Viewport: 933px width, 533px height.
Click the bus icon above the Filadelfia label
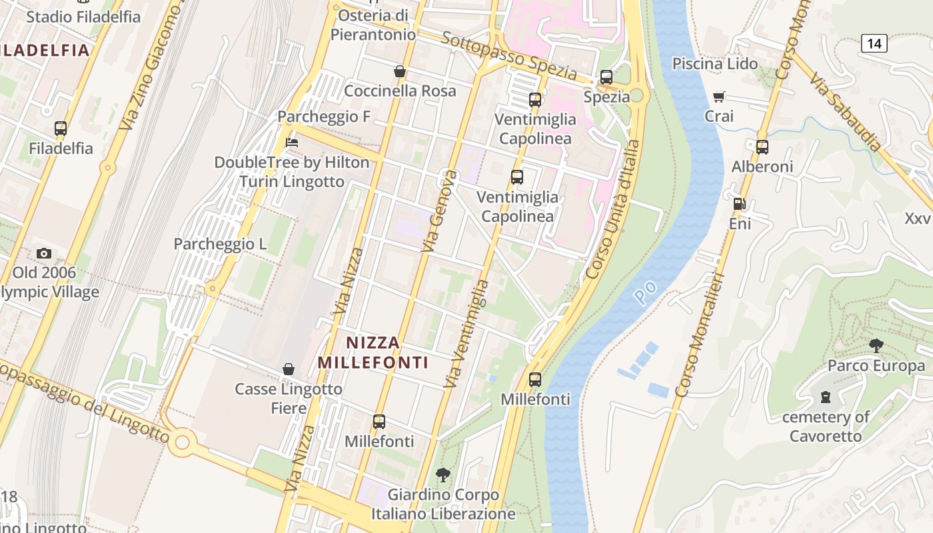click(61, 129)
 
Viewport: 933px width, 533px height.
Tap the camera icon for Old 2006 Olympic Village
click(44, 253)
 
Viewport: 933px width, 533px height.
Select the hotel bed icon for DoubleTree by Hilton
click(291, 142)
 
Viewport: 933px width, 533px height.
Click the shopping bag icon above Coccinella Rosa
click(400, 71)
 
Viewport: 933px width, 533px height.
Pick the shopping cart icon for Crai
click(718, 97)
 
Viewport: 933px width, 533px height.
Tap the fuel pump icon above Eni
click(739, 204)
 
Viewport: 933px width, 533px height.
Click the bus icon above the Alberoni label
click(762, 147)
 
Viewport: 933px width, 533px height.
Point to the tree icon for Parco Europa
click(876, 345)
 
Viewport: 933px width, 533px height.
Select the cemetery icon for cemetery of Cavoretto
click(826, 398)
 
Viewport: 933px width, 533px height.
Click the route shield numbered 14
click(874, 44)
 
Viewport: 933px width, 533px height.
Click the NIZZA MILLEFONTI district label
click(373, 352)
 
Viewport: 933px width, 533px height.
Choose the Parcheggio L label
click(220, 244)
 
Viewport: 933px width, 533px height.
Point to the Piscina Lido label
click(715, 64)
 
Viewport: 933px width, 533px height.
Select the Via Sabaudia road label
click(846, 112)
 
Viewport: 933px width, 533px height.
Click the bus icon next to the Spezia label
click(606, 77)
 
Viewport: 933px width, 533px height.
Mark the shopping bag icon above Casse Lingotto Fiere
click(289, 369)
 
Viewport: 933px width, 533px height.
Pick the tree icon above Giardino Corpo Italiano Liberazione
click(443, 475)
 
